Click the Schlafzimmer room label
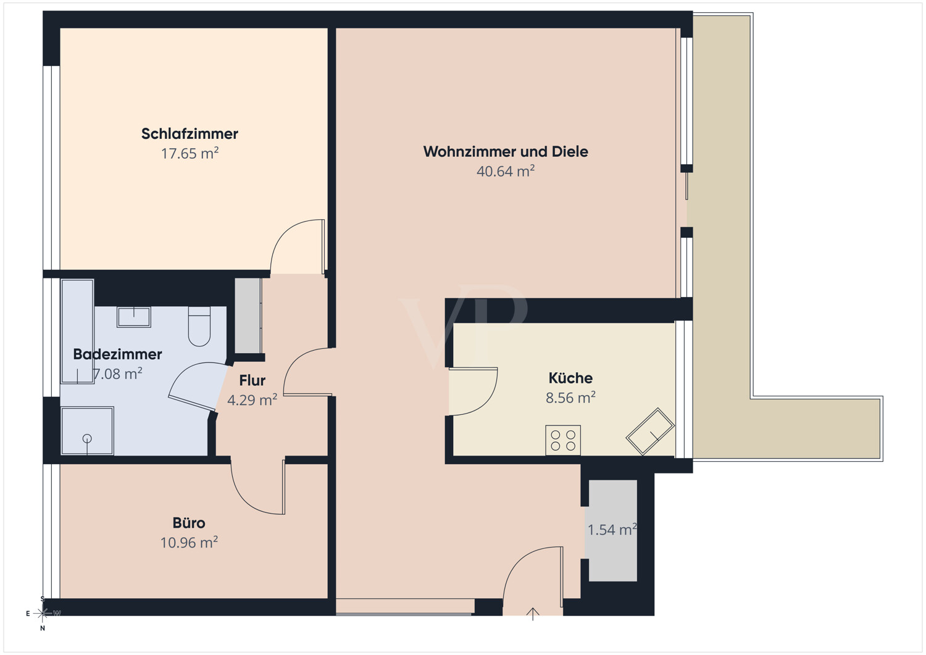click(x=190, y=134)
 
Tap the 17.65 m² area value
click(x=190, y=154)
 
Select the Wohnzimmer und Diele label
click(x=506, y=152)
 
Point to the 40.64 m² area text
click(x=506, y=171)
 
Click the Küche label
click(x=570, y=378)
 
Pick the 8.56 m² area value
click(x=570, y=398)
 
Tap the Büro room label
click(x=189, y=523)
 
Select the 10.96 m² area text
click(x=189, y=543)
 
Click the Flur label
click(x=252, y=380)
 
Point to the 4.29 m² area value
click(x=252, y=400)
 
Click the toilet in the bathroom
click(x=199, y=326)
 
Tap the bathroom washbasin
click(x=133, y=317)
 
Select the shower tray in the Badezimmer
click(x=87, y=431)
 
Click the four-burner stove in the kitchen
click(x=563, y=440)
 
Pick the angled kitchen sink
click(x=650, y=432)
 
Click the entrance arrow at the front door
click(x=533, y=614)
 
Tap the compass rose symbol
click(x=43, y=614)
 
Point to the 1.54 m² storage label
click(x=612, y=530)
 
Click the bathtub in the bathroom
click(x=77, y=332)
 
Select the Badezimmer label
click(x=117, y=354)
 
